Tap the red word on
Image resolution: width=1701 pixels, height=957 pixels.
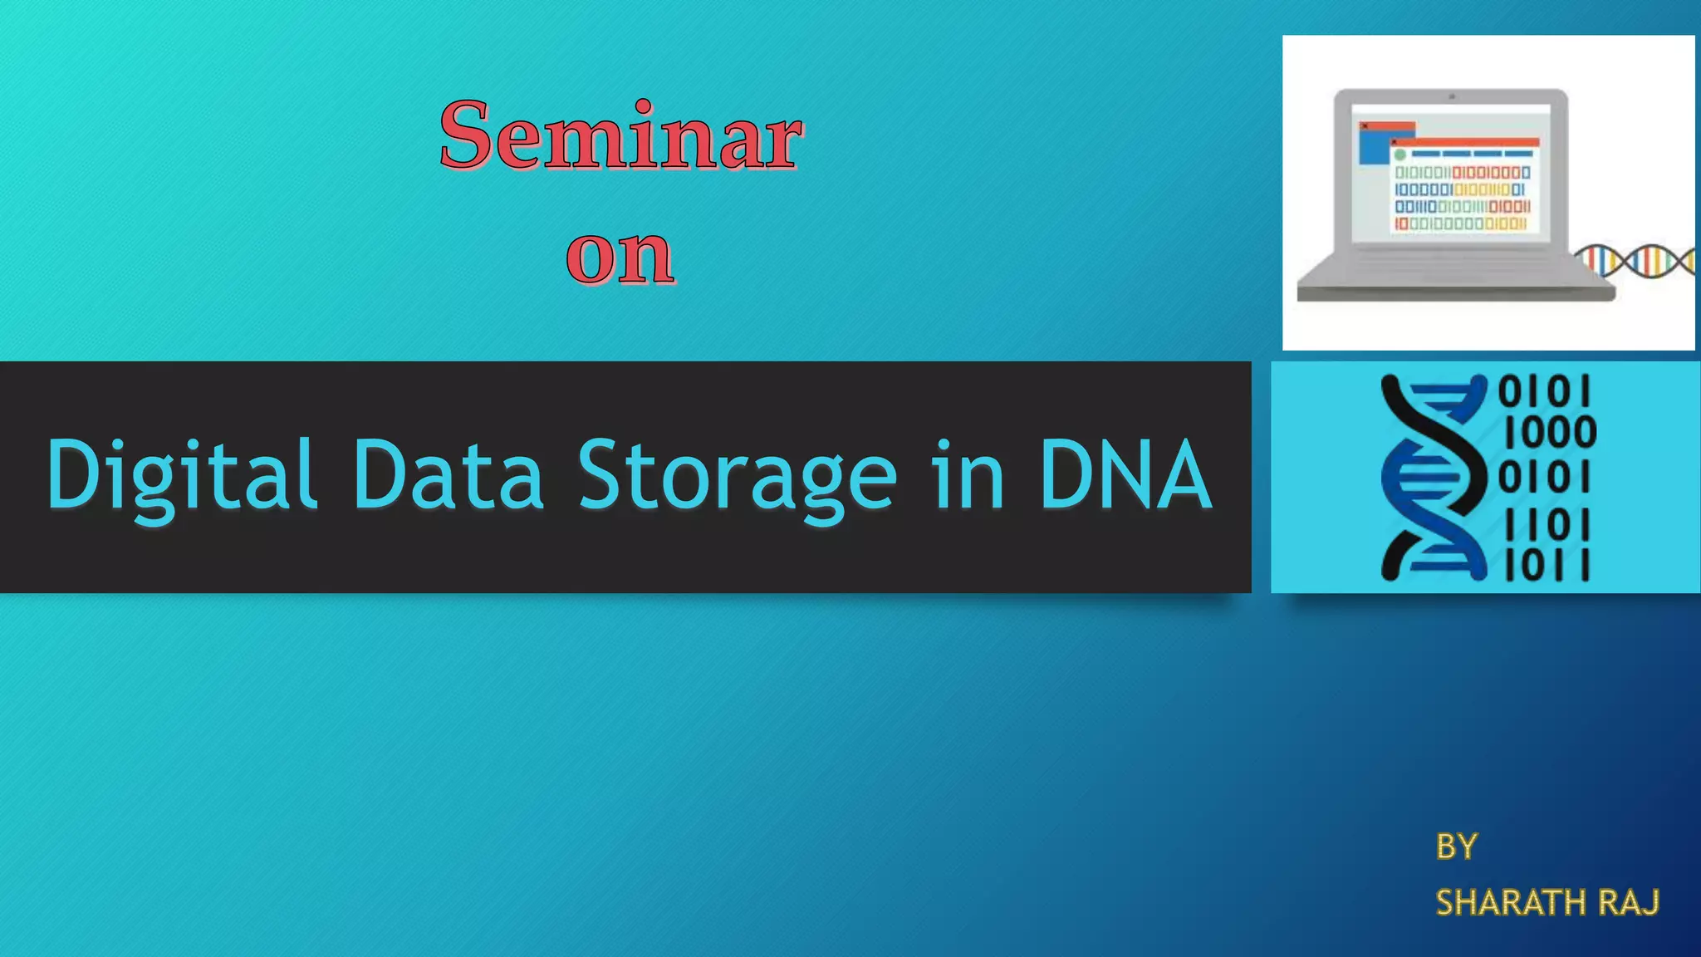point(620,255)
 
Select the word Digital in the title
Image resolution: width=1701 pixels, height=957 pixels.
point(181,475)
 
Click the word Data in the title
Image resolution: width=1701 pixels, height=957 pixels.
point(449,475)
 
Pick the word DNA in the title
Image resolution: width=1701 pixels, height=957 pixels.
point(1125,475)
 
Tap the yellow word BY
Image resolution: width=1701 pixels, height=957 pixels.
point(1456,847)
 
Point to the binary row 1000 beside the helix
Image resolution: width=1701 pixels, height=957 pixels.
point(1550,433)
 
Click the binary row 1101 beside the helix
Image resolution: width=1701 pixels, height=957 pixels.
point(1547,525)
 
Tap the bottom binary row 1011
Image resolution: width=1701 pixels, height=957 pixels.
point(1547,567)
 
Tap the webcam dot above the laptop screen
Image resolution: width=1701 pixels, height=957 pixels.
point(1452,97)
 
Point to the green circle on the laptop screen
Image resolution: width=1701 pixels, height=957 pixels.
point(1400,155)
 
